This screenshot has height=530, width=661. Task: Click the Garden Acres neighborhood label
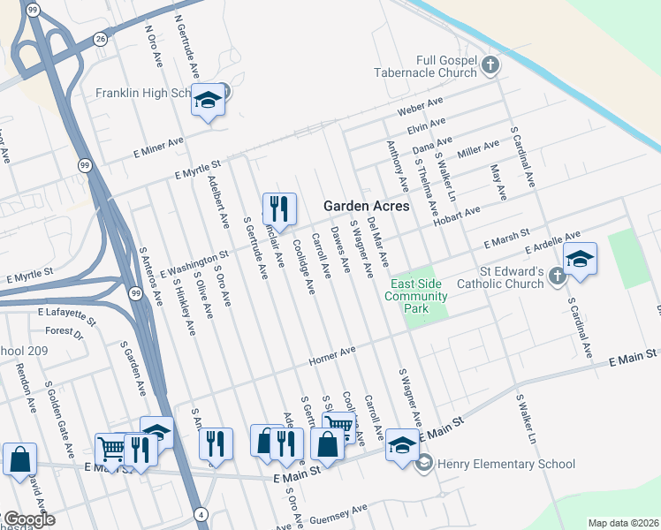point(366,206)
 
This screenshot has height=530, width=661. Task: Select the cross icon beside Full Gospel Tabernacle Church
point(490,64)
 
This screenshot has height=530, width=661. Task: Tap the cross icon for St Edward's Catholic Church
point(557,276)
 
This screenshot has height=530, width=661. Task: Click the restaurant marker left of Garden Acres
point(279,209)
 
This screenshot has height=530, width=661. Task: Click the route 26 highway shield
point(100,39)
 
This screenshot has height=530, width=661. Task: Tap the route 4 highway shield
point(201,514)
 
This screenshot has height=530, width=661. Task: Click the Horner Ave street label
point(332,356)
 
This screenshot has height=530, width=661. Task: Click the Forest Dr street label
point(64,332)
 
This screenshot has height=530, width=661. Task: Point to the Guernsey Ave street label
point(334,513)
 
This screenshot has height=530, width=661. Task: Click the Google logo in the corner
point(28,519)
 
